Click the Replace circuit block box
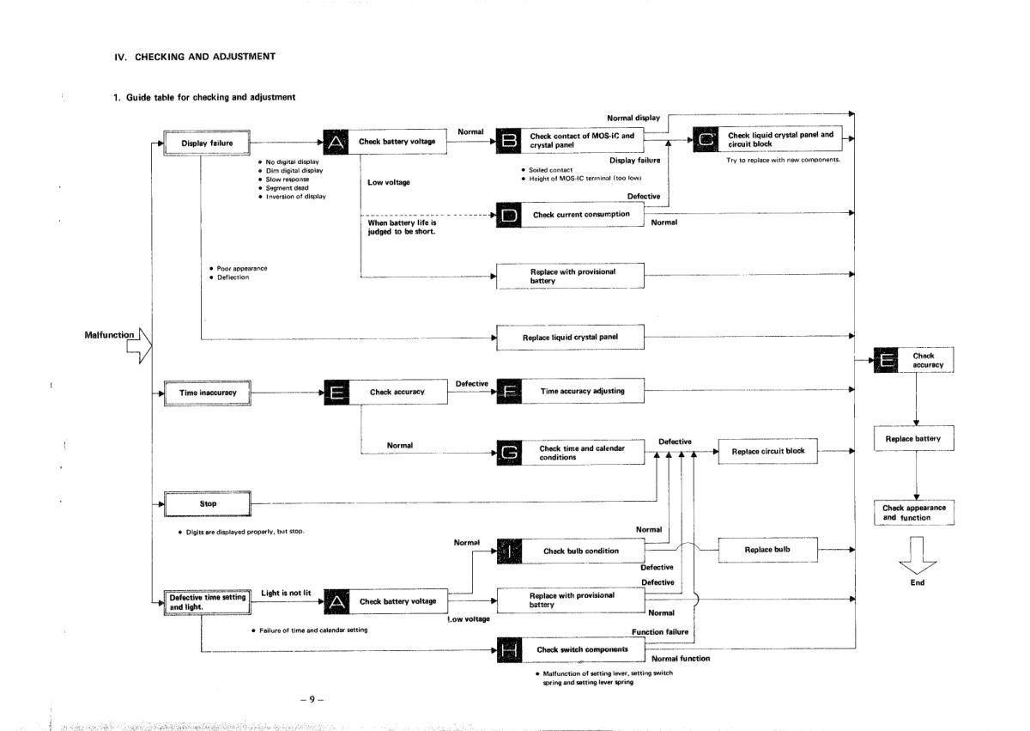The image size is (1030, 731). tap(767, 451)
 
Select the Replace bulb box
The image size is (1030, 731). tap(767, 548)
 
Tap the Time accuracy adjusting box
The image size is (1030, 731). tap(583, 392)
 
